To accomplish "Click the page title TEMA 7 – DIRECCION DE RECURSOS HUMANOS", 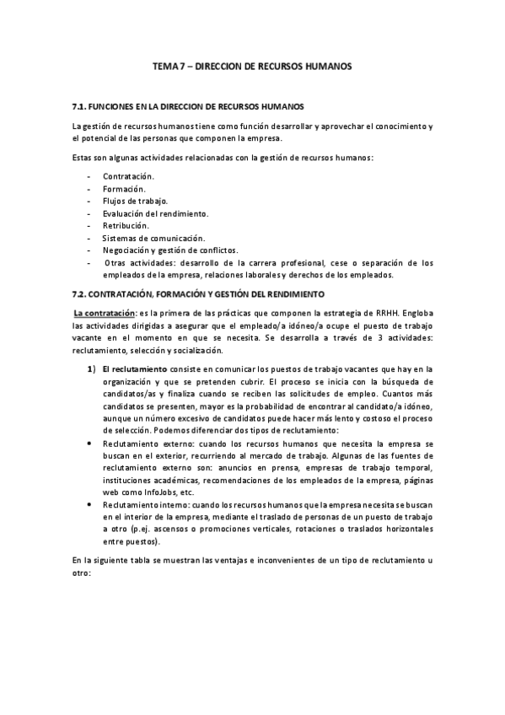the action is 252,65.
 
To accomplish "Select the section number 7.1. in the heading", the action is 81,108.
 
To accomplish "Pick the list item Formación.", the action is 124,188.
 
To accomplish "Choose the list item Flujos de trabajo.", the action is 135,201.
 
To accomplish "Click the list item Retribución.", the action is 126,226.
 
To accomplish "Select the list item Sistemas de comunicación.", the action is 153,238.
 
